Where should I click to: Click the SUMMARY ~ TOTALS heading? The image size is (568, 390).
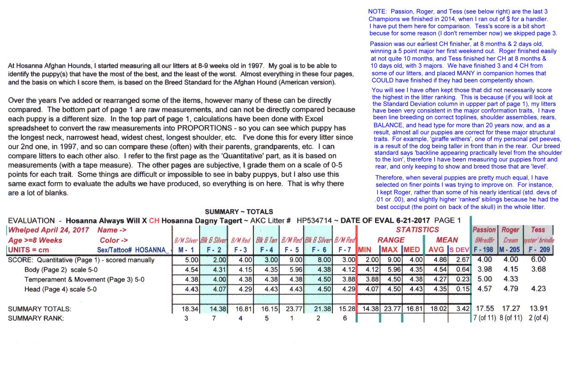[239, 212]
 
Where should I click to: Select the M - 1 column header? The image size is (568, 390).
[185, 250]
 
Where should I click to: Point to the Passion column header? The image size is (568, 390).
[484, 230]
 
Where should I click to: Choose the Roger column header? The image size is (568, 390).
[510, 230]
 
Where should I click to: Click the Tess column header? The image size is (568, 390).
[538, 230]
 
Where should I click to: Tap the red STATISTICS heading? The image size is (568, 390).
[417, 230]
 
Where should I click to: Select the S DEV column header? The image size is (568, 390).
[460, 250]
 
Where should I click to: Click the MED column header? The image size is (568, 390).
[412, 250]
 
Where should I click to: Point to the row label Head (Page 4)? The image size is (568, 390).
[60, 289]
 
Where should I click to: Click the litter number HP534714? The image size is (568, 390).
[314, 220]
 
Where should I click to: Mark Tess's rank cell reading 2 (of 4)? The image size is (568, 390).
[538, 318]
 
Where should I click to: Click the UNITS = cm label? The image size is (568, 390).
[28, 250]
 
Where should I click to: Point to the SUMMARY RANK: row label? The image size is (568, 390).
[36, 318]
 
